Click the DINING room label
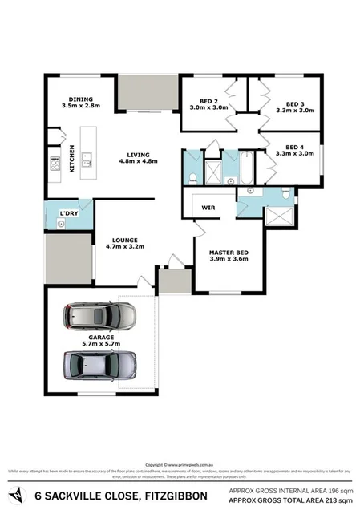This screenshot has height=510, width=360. [x=80, y=99]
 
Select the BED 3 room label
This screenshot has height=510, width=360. [x=294, y=105]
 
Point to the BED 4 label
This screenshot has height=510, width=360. [x=294, y=149]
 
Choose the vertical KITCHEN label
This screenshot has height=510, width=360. [x=72, y=158]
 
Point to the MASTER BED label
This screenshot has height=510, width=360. [x=229, y=253]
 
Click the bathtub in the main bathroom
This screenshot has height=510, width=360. [x=243, y=166]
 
